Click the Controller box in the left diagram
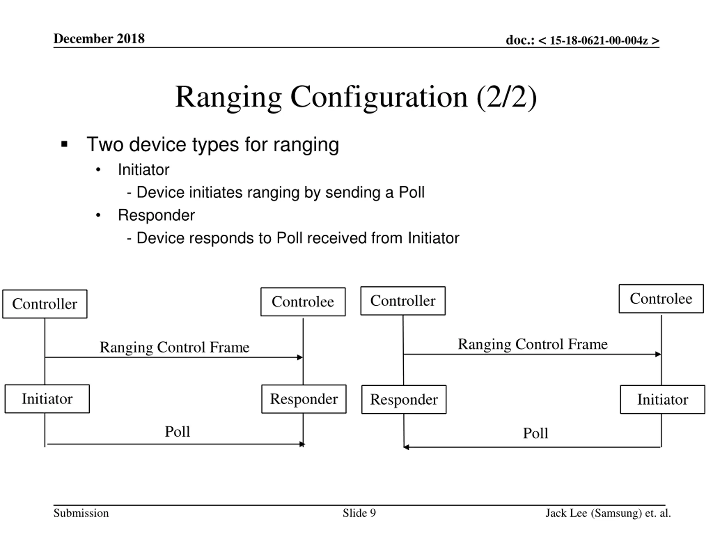(45, 304)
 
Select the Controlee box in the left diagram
(303, 301)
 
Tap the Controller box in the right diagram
(403, 301)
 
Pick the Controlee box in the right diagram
(661, 299)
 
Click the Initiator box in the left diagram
(47, 398)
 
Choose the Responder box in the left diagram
(304, 399)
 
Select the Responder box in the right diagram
(404, 399)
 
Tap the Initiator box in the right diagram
(663, 399)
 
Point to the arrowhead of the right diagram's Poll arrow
(406, 447)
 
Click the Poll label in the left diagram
(177, 431)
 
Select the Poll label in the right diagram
(535, 433)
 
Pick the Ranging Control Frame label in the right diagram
(533, 344)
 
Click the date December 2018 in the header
(99, 39)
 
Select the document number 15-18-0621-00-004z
(599, 40)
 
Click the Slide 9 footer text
(359, 513)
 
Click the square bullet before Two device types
(64, 144)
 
